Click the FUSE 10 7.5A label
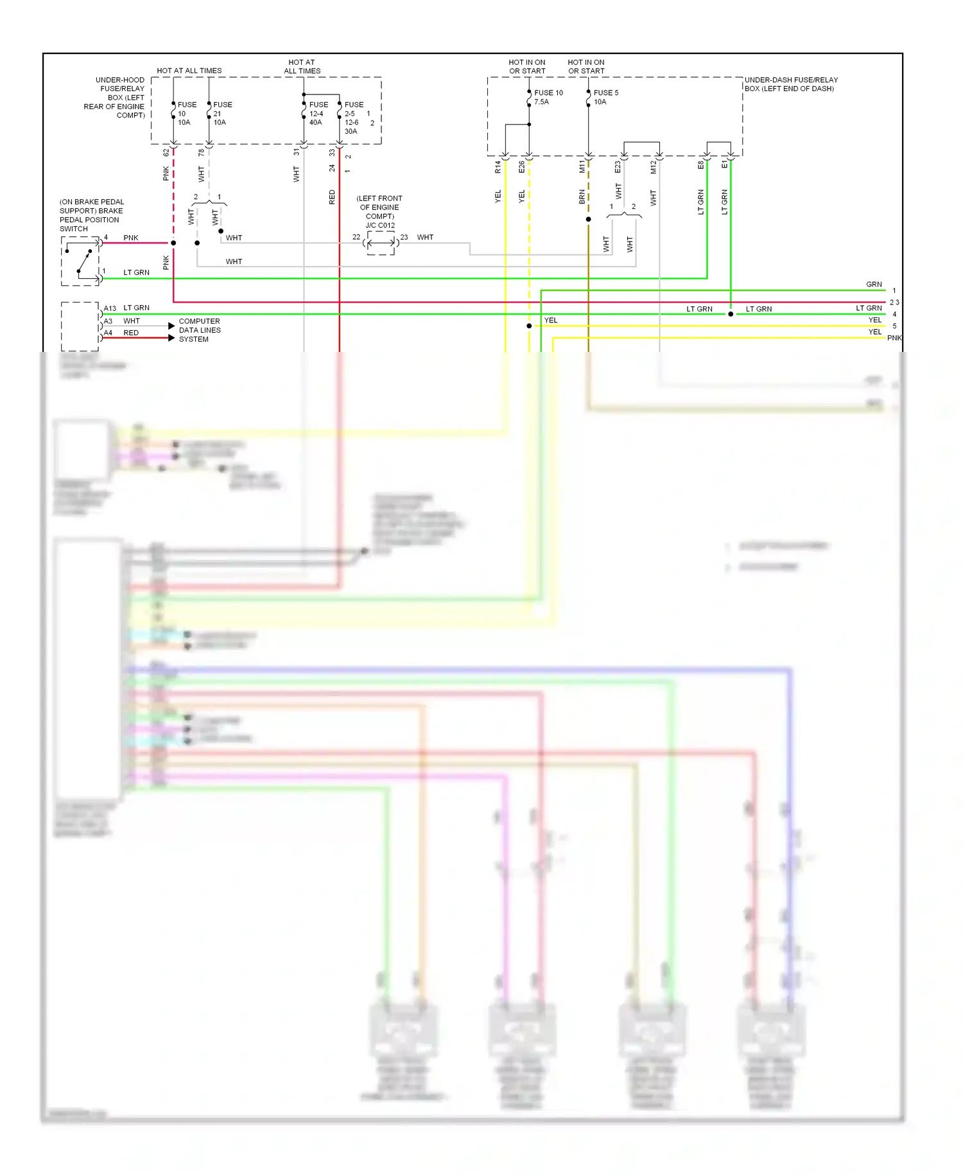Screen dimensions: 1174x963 pyautogui.click(x=548, y=97)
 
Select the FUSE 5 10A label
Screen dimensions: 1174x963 pyautogui.click(x=605, y=97)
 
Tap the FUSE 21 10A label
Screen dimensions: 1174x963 pyautogui.click(x=222, y=113)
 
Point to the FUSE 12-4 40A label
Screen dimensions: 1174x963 pyautogui.click(x=318, y=113)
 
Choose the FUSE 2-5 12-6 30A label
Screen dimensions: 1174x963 pyautogui.click(x=353, y=118)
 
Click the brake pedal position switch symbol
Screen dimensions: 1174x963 pyautogui.click(x=80, y=261)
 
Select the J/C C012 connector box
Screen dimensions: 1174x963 pyautogui.click(x=381, y=243)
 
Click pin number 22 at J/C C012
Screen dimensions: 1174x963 pyautogui.click(x=356, y=237)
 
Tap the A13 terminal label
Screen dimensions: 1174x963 pyautogui.click(x=110, y=308)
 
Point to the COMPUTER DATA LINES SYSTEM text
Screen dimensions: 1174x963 pyautogui.click(x=200, y=330)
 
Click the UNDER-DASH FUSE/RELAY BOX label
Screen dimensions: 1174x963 pyautogui.click(x=790, y=84)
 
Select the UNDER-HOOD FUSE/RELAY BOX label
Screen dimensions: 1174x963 pyautogui.click(x=116, y=98)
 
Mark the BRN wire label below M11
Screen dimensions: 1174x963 pyautogui.click(x=582, y=197)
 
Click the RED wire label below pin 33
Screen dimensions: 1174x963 pyautogui.click(x=332, y=197)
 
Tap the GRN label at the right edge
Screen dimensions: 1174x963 pyautogui.click(x=874, y=284)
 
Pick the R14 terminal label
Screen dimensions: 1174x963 pyautogui.click(x=498, y=168)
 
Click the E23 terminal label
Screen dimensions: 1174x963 pyautogui.click(x=618, y=167)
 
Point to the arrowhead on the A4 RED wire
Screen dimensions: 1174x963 pyautogui.click(x=171, y=338)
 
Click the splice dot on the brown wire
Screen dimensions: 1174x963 pyautogui.click(x=588, y=220)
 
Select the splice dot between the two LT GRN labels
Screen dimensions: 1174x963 pyautogui.click(x=731, y=314)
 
